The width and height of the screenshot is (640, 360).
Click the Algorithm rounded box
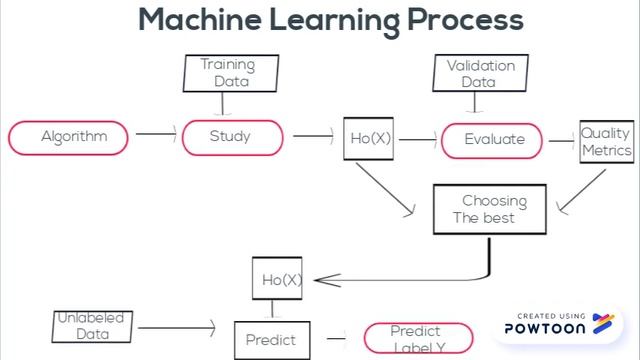pos(69,138)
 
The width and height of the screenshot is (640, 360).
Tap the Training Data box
pos(229,73)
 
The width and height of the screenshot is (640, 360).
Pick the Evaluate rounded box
pos(494,139)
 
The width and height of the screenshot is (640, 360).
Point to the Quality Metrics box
pos(606,142)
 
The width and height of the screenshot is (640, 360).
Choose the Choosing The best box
pos(489,209)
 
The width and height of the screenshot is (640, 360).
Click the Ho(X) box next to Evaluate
pos(369,139)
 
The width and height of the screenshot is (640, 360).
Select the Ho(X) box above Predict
pos(277,279)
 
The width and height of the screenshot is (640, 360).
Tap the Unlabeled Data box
pos(93,326)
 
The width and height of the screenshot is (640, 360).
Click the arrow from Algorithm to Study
pos(155,133)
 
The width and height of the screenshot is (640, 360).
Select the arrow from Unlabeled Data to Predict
pos(176,326)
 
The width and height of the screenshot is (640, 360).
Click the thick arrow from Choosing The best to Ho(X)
pos(400,278)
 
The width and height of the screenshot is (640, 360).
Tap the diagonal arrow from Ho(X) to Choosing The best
pos(385,187)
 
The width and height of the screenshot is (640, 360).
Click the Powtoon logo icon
pos(602,322)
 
